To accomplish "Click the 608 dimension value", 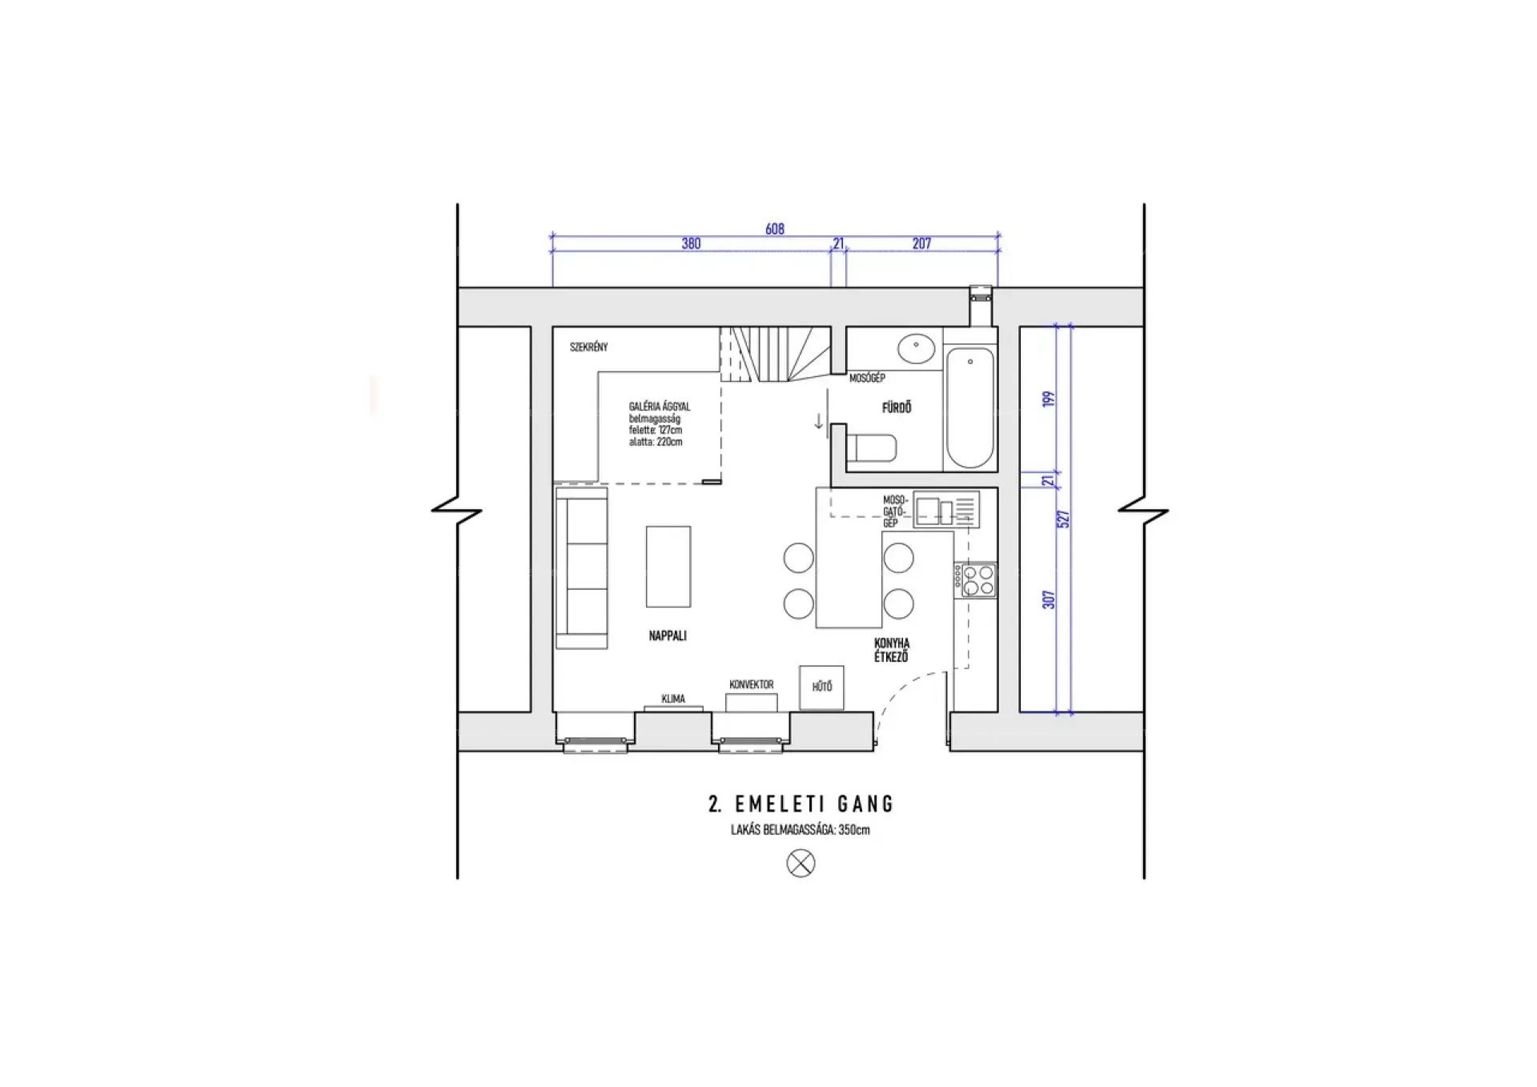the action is (774, 229).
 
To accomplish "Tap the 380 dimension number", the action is (691, 243).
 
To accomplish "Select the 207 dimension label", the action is (921, 243).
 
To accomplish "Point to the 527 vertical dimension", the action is (1064, 519).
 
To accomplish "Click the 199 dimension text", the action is (1049, 399).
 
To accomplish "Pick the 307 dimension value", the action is (1049, 600).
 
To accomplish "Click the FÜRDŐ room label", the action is (897, 407).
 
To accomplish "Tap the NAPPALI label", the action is (668, 636).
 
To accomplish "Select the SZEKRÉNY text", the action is (588, 347).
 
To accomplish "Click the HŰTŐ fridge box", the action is (821, 687).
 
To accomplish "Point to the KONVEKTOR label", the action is (751, 684).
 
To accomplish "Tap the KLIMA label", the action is (673, 699).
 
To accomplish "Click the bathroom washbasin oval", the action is (916, 348).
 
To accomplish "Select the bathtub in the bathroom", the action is (969, 407).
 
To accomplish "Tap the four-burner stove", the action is (974, 580).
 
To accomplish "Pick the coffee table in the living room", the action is (668, 566).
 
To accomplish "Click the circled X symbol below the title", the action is (801, 863).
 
